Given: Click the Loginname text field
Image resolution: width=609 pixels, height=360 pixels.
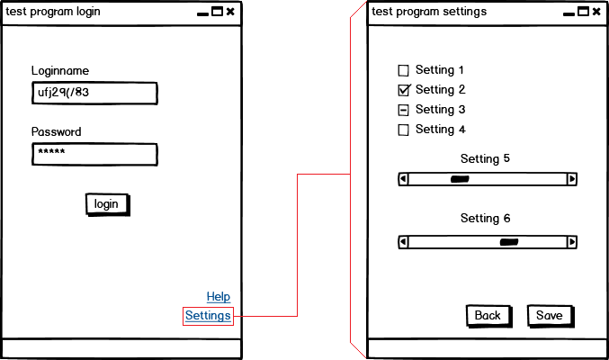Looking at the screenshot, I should point(94,93).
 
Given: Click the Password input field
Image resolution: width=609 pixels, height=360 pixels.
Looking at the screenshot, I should point(94,155).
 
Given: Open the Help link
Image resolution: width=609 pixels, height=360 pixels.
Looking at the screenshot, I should point(219,297).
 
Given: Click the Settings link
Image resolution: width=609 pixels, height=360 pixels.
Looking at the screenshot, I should point(208,316).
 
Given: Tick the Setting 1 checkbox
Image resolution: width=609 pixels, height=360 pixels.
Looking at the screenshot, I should point(403,70).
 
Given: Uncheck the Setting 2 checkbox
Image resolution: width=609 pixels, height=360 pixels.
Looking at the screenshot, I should point(403,90).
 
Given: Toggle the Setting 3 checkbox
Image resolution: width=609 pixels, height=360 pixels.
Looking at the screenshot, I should point(403,110).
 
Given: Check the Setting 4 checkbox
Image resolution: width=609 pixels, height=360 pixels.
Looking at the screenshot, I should point(403,130).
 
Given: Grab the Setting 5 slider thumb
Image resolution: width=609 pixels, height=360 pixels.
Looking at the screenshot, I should point(460,179).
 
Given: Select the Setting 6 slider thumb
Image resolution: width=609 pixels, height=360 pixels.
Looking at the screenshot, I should point(509,241).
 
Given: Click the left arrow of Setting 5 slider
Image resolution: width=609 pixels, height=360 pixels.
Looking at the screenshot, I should point(403,179).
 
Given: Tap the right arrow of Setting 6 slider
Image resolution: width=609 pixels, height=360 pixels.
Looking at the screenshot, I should point(571,241).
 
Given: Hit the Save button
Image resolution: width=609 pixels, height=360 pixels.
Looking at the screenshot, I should point(550,315).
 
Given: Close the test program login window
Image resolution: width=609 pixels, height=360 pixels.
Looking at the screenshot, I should point(230,12).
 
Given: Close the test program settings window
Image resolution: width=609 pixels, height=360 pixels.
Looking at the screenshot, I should point(596,12).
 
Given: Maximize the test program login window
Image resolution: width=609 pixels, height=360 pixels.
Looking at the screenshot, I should point(217,12).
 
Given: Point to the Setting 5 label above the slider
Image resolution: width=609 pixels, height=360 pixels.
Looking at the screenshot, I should point(485,158).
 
